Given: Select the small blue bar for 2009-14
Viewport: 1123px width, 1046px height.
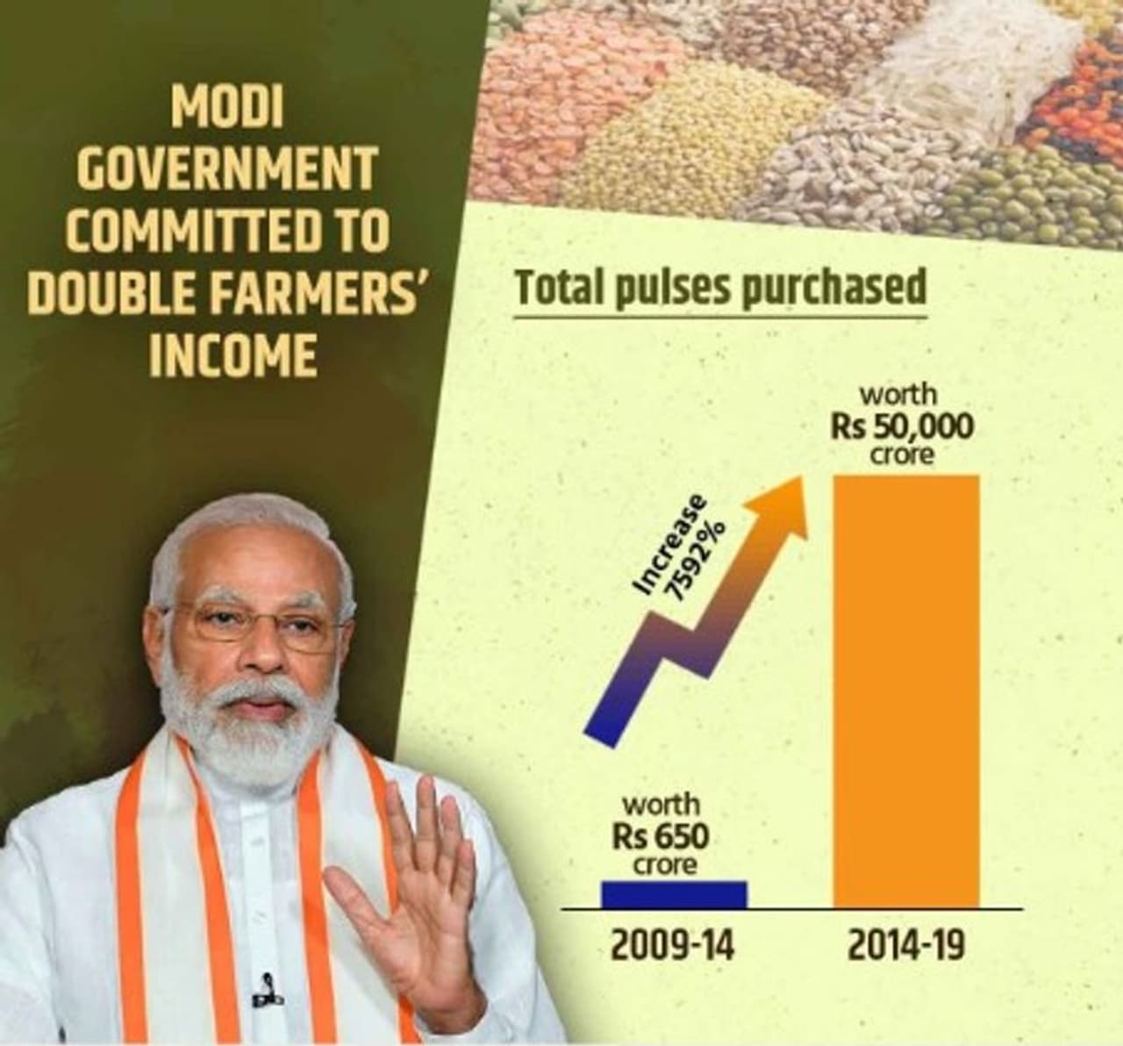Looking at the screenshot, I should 674,893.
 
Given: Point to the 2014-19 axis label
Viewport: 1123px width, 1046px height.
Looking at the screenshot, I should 907,947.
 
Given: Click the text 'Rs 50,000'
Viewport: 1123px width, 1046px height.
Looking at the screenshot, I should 902,426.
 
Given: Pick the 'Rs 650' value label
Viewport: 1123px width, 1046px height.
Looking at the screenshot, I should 661,835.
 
